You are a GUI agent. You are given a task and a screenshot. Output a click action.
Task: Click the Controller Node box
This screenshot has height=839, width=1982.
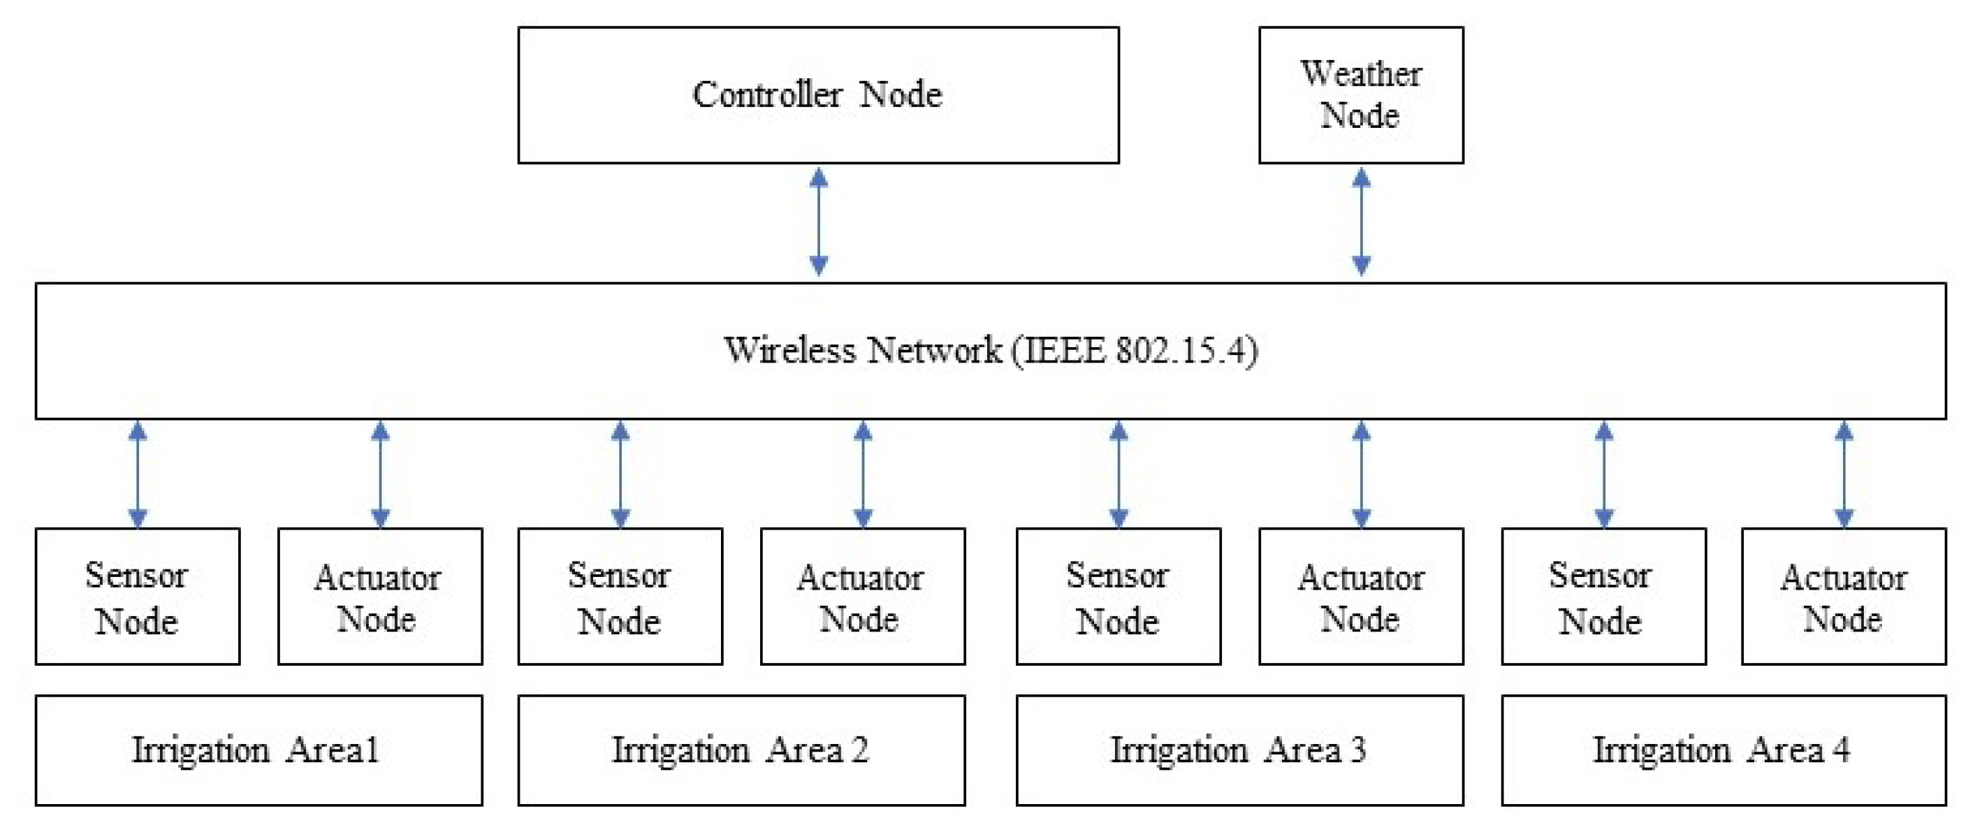[818, 96]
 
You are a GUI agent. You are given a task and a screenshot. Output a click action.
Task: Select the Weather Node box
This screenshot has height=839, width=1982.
[1360, 96]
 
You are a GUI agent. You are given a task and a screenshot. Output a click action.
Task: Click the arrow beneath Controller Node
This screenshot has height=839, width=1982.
[819, 222]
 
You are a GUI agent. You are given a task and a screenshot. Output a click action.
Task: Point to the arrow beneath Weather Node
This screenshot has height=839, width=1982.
[1361, 222]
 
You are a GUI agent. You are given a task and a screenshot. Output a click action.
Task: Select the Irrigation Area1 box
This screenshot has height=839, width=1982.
[258, 750]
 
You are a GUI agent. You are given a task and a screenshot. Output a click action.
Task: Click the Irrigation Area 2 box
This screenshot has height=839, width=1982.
[741, 750]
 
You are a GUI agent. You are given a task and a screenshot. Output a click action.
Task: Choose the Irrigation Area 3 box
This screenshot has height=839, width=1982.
[1239, 750]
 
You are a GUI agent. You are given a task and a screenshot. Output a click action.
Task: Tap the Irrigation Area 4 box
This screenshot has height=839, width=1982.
[1724, 750]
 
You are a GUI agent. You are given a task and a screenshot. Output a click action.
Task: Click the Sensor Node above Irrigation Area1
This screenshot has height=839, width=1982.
[137, 596]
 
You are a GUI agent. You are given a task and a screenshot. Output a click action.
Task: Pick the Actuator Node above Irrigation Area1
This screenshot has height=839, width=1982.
[379, 596]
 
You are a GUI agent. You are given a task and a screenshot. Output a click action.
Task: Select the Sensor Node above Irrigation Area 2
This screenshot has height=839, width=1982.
[620, 596]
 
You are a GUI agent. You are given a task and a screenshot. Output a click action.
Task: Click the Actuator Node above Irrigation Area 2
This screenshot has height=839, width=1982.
[861, 596]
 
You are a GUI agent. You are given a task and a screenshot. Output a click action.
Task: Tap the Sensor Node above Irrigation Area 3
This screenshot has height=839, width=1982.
[1118, 596]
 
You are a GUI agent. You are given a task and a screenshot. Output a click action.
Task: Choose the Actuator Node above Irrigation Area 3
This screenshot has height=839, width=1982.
[1360, 596]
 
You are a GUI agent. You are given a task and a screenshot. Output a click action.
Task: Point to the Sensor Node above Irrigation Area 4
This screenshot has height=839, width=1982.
[1603, 596]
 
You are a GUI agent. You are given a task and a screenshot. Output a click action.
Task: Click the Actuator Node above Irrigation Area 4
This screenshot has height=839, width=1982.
[1844, 596]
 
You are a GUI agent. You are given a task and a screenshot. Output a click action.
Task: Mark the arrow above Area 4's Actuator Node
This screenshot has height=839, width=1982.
[1844, 474]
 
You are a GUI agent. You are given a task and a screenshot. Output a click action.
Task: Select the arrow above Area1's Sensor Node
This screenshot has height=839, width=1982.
[138, 474]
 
